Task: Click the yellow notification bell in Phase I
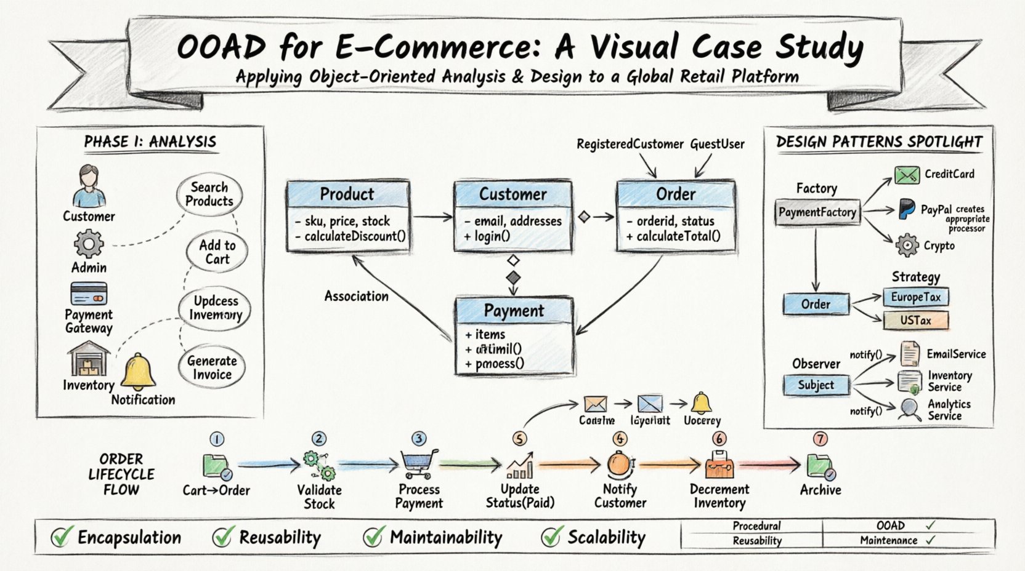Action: point(138,373)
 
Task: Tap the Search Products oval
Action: point(209,194)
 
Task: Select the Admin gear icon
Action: point(89,244)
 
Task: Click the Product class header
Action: point(347,194)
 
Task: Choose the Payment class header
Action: point(514,311)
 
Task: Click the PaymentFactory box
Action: point(817,212)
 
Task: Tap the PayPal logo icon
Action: point(906,209)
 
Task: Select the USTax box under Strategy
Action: point(915,321)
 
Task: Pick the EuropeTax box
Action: point(915,297)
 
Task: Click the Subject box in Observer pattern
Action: point(816,385)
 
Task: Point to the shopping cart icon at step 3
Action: point(419,464)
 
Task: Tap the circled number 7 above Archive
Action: point(820,439)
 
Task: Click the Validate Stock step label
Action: point(319,497)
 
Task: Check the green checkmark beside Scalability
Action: point(551,537)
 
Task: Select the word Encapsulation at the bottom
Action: point(129,538)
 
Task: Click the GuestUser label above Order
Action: point(717,144)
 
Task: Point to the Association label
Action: point(356,296)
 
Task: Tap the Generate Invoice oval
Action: point(212,368)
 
